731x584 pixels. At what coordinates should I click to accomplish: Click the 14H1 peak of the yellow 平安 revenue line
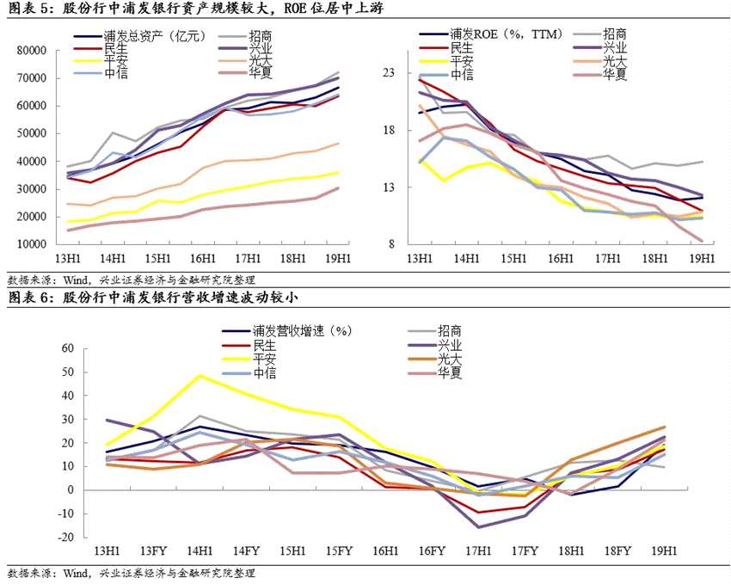click(200, 375)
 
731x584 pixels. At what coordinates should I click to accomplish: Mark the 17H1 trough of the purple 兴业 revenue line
click(477, 526)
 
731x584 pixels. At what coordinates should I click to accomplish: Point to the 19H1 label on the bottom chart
click(663, 550)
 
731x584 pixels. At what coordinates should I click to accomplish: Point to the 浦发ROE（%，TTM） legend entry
click(501, 34)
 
